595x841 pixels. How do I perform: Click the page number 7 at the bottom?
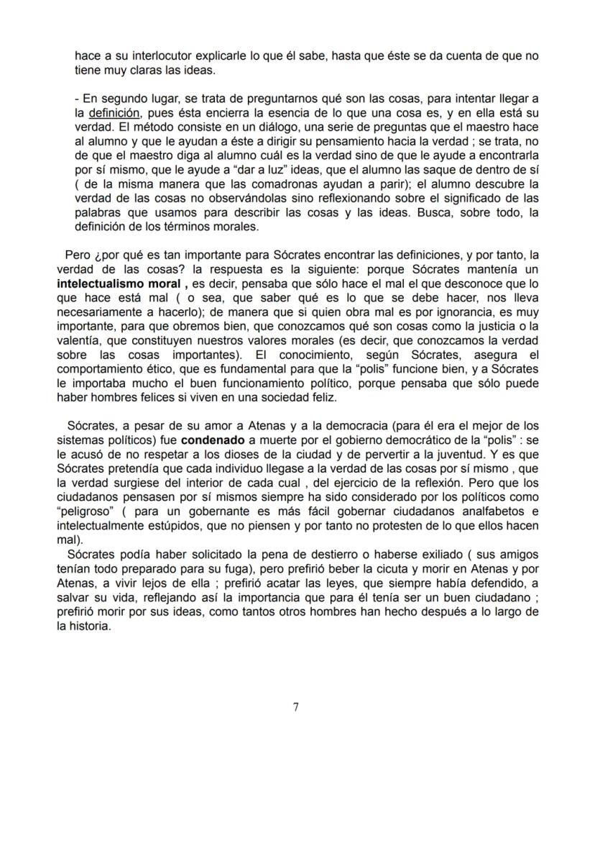click(296, 706)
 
